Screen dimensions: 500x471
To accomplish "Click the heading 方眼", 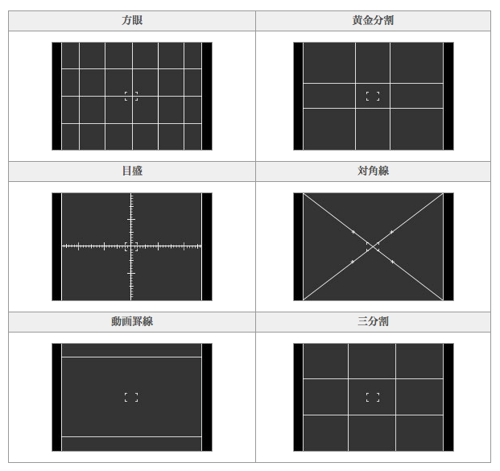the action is tap(132, 20).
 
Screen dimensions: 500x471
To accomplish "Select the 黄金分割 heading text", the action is tap(373, 20).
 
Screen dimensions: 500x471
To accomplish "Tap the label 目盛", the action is tap(132, 171).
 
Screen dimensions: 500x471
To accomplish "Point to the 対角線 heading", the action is tap(373, 171).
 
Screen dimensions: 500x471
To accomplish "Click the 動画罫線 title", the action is tap(132, 321).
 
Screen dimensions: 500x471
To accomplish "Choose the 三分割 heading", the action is tap(373, 321).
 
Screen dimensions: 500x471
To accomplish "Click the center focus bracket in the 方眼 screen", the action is tap(131, 96).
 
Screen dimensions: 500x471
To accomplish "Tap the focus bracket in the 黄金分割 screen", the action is tap(373, 96).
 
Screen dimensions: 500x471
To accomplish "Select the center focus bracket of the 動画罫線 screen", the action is tap(131, 397).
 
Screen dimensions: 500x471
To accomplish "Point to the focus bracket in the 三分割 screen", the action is tap(373, 397).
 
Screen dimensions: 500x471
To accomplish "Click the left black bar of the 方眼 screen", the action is tap(56, 96).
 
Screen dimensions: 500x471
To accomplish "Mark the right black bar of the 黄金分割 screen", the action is tap(448, 96).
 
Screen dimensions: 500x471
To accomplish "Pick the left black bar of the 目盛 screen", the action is tap(56, 246).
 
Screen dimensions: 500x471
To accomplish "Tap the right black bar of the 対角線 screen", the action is tap(448, 246).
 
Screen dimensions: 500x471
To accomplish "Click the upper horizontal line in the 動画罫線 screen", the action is tap(131, 357).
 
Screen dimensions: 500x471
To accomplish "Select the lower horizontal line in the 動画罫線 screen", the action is tap(131, 437).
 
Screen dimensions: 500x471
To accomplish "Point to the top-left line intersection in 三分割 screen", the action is tap(349, 379).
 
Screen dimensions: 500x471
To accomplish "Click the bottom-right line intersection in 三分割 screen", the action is tap(396, 415).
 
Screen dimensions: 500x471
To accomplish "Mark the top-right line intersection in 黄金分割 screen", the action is tap(390, 83).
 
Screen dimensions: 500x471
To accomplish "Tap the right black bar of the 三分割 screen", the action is tap(448, 397).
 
